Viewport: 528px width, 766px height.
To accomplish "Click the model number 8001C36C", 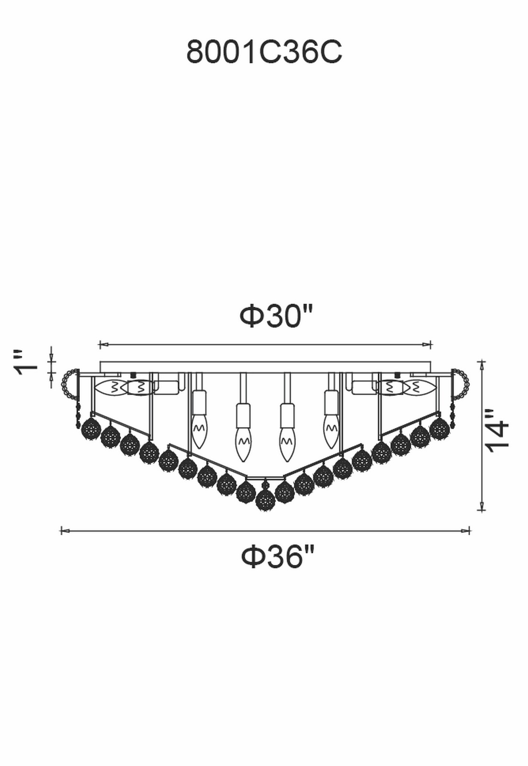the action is (264, 52).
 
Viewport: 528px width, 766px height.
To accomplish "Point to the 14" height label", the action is (497, 431).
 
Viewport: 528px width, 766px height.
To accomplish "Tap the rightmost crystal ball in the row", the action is (439, 428).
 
